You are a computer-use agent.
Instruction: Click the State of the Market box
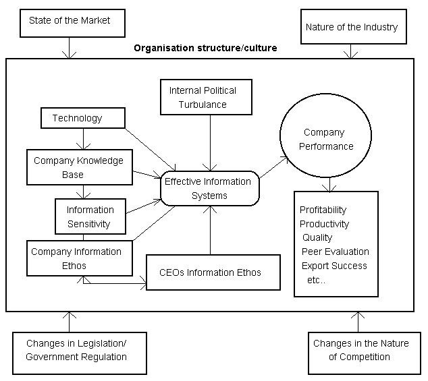69,22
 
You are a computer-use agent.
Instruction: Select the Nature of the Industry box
352,28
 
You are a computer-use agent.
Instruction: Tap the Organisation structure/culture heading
205,49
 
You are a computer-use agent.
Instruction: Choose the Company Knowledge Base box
78,167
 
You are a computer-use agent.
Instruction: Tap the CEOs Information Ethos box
213,272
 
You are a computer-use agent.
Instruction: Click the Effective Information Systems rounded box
209,188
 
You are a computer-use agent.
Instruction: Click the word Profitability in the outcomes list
323,210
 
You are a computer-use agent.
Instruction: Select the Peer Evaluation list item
336,252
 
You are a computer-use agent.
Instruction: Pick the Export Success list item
334,266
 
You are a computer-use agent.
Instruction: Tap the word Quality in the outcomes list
317,237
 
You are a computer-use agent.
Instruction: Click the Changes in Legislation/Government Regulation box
79,350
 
